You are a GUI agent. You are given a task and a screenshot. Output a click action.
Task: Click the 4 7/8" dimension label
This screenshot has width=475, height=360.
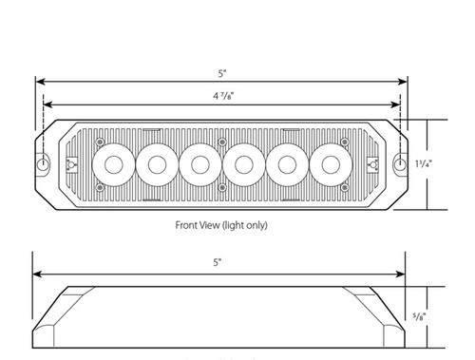click(223, 95)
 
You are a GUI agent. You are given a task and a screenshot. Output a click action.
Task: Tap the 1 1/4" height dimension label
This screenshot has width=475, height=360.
click(424, 163)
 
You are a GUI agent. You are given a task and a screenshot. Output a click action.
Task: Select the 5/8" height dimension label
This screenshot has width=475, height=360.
click(419, 316)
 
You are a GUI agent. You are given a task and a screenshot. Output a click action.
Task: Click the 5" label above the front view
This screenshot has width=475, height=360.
click(222, 73)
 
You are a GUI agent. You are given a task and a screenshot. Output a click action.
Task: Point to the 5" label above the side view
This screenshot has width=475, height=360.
click(218, 262)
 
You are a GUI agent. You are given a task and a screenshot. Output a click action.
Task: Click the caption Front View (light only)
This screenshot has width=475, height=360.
click(221, 225)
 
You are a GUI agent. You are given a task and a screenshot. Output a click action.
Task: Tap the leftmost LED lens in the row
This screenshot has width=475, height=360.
click(114, 164)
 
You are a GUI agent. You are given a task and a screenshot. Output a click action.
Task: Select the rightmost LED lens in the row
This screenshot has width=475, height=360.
click(331, 164)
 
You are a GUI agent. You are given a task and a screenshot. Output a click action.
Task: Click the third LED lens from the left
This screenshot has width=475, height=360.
click(200, 164)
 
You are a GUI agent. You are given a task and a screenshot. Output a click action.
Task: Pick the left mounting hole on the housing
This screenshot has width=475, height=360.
click(42, 164)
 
